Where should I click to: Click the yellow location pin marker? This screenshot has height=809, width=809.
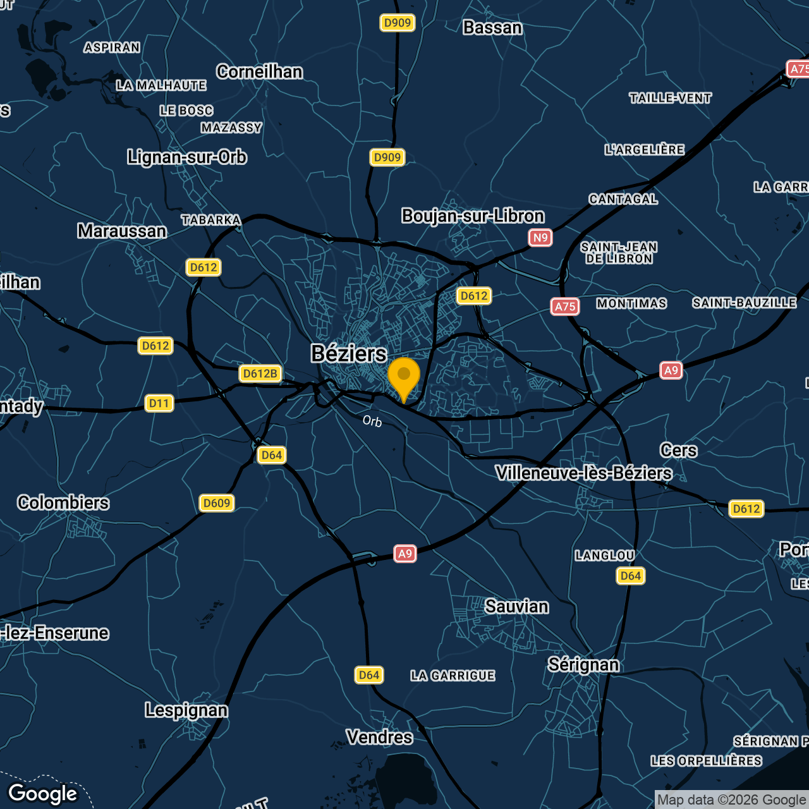coord(404,377)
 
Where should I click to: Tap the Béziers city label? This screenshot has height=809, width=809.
coord(348,353)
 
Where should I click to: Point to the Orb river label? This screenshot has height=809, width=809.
coord(372,421)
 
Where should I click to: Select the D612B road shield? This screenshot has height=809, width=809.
coord(260,374)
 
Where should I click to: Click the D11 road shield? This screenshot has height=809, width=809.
coord(159,403)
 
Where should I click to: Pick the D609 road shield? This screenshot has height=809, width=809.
coord(217,503)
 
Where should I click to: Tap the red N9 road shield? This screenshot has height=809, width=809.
coord(540,238)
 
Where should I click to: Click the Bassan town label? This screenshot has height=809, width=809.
coord(492,28)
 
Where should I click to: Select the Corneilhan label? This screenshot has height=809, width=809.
coord(259,72)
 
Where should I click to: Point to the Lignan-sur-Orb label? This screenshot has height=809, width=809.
coord(186,157)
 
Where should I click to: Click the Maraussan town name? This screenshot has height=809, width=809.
coord(122,231)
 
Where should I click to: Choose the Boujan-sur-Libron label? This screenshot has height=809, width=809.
coord(473,216)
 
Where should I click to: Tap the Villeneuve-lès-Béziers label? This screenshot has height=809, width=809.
coord(583,473)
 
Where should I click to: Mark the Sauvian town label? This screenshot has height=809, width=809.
coord(516,607)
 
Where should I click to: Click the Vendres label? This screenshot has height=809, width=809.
coord(379,737)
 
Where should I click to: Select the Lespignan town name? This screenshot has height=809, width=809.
coord(186,710)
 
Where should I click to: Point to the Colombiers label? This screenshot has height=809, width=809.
coord(63,503)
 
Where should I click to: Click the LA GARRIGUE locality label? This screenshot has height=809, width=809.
coord(453,676)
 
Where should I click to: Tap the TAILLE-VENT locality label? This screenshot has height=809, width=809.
coord(670,98)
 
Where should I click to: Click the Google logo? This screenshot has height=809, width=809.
coord(43,794)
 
